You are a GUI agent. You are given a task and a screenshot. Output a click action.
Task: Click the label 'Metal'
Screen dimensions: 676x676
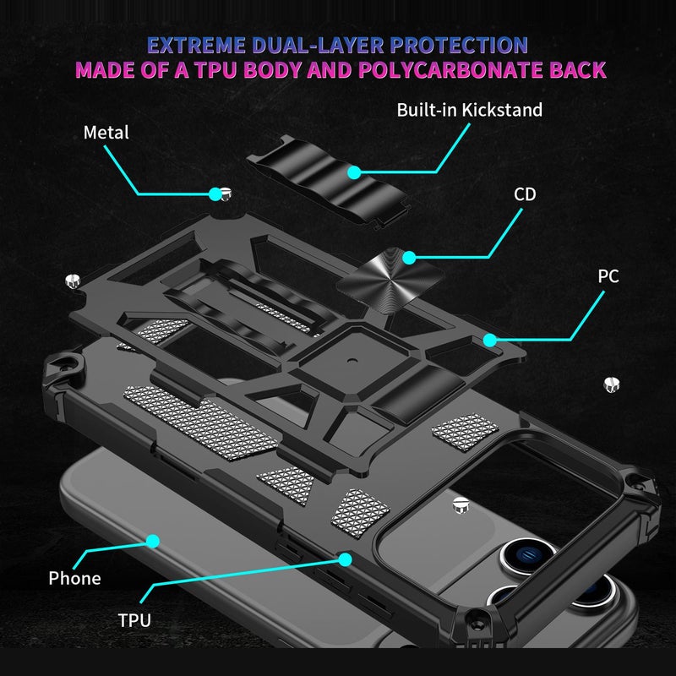point(106,133)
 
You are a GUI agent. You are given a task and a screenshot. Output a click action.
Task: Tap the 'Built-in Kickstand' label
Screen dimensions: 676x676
point(470,110)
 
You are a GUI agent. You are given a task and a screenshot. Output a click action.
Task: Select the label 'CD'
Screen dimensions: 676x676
point(525,194)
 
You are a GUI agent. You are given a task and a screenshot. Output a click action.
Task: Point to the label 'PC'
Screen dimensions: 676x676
point(608,276)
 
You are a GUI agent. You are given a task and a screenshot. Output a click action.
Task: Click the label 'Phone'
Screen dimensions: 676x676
point(74,578)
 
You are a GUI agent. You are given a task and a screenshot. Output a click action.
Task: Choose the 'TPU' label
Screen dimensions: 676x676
point(134,620)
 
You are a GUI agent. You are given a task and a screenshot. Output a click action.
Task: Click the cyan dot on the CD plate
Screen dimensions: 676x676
point(409,257)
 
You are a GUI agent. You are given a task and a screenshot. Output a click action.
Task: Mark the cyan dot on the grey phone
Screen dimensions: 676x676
point(153,539)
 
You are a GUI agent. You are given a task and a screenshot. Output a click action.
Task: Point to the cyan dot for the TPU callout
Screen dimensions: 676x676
point(345,559)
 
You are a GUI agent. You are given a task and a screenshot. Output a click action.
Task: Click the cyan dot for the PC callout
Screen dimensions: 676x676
point(489,340)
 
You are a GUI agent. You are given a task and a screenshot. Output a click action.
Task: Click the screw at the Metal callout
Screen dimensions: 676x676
point(225,195)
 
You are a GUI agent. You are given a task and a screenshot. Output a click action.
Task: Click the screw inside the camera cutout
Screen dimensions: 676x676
point(460,504)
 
